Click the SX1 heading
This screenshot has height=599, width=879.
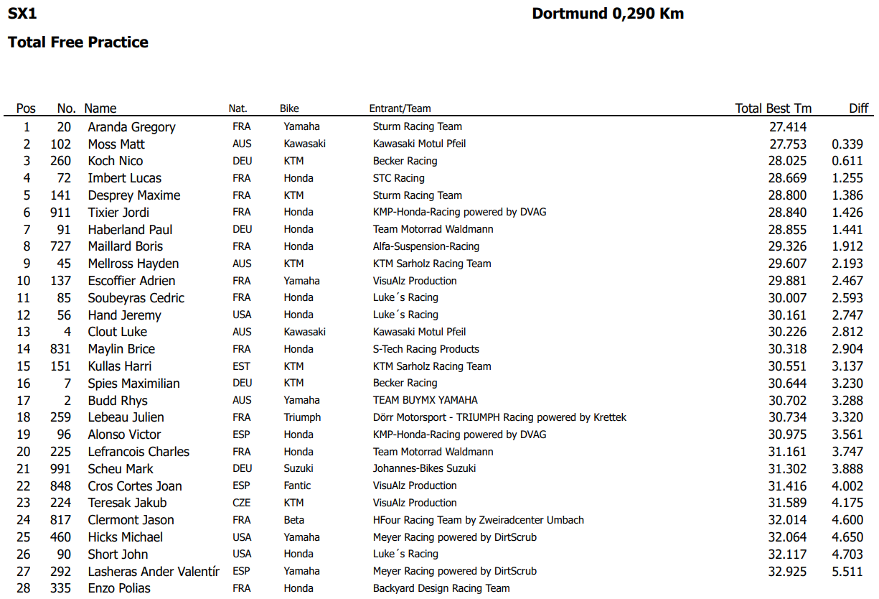click(x=22, y=14)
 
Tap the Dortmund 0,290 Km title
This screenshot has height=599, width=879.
click(x=607, y=14)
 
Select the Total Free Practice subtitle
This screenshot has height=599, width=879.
click(x=78, y=42)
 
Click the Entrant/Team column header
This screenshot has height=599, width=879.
click(x=400, y=109)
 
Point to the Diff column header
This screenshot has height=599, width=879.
click(x=858, y=108)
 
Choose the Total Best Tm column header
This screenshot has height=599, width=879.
click(x=773, y=108)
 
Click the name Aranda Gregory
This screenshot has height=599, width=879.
click(x=131, y=127)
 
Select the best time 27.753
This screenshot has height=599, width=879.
click(x=787, y=144)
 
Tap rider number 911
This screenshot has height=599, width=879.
click(x=60, y=213)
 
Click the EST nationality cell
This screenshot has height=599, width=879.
click(x=242, y=366)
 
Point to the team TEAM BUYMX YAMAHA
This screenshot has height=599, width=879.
click(x=425, y=400)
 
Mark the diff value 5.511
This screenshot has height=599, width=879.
click(x=847, y=572)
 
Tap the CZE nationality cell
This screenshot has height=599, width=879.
click(x=242, y=503)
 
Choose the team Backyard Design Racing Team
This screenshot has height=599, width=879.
click(x=441, y=588)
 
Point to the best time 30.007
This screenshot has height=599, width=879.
click(x=787, y=298)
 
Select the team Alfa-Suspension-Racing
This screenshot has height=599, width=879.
click(x=426, y=246)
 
